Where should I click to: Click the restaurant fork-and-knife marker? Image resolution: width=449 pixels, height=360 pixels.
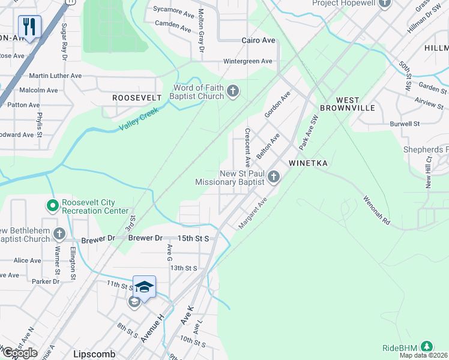pos(29,26)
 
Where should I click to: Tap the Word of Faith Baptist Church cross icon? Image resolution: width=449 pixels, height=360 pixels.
pos(233,92)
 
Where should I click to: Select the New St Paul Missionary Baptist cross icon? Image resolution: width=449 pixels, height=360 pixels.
pos(274,176)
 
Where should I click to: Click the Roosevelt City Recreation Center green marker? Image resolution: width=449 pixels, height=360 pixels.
pos(52,206)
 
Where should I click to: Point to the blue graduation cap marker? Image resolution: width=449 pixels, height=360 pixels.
pos(144,287)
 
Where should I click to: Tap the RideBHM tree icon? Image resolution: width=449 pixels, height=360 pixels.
pos(426,347)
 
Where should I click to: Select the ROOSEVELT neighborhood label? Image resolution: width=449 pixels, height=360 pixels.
pos(137,97)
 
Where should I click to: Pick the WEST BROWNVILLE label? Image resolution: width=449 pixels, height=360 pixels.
pos(356,104)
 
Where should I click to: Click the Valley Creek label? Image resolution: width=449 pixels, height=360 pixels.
pos(142,119)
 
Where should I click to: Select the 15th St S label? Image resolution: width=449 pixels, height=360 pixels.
pos(193,238)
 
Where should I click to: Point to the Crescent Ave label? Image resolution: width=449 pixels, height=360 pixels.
pos(247,148)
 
